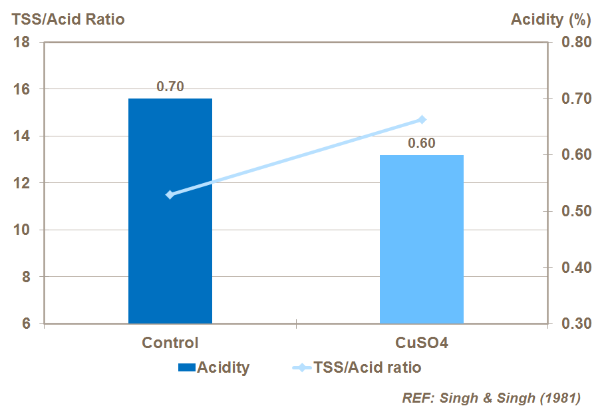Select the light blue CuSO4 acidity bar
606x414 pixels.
point(421,239)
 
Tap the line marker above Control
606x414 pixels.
point(170,194)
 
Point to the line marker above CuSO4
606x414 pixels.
point(421,120)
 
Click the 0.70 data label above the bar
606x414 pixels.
point(170,87)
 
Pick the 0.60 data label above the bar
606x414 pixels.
point(421,143)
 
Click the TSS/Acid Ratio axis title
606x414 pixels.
point(68,19)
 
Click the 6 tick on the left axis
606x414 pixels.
point(27,324)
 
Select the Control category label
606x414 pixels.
point(170,343)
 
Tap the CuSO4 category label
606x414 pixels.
point(421,343)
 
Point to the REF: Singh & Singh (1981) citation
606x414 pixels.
point(491,398)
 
